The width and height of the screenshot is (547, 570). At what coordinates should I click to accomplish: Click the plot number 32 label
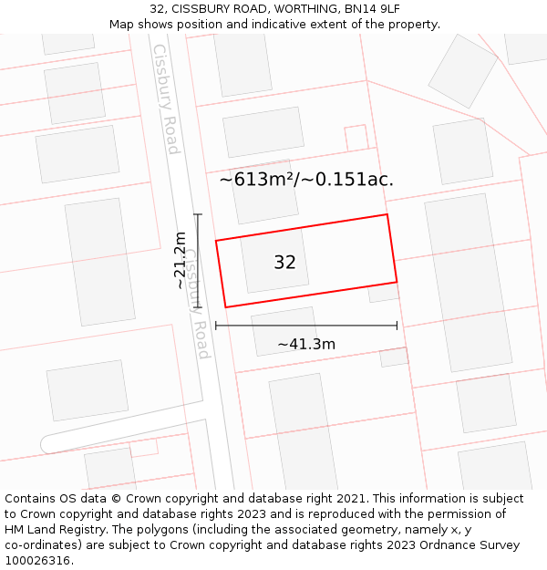pos(284,263)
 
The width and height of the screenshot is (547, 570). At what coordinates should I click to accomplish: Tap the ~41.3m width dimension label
pos(306,344)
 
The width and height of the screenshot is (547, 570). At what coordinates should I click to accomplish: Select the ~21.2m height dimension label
pos(181,261)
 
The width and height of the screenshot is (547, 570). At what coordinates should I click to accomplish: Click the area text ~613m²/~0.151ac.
pos(306,180)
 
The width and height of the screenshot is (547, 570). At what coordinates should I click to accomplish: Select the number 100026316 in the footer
pos(39,561)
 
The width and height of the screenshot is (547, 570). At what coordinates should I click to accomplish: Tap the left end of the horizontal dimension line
pos(216,326)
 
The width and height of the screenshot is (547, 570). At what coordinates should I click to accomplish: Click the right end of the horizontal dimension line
pos(397,326)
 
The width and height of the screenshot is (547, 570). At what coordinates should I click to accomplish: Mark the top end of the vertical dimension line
pos(198,214)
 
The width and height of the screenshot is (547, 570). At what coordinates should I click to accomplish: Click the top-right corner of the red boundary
pos(387,214)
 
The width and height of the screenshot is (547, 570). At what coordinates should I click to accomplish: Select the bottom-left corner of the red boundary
pos(225,307)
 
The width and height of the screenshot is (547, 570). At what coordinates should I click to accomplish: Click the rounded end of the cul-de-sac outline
pos(47,444)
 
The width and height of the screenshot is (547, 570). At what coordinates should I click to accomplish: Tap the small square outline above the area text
pos(356,138)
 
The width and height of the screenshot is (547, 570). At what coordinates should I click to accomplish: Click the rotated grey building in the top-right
pos(463,70)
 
